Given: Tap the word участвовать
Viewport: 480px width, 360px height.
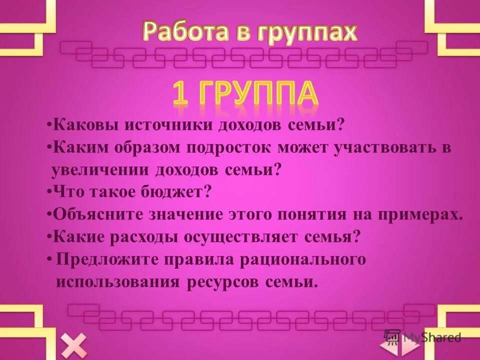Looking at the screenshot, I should [388, 148].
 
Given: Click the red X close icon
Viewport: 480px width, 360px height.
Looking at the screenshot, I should [74, 345].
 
